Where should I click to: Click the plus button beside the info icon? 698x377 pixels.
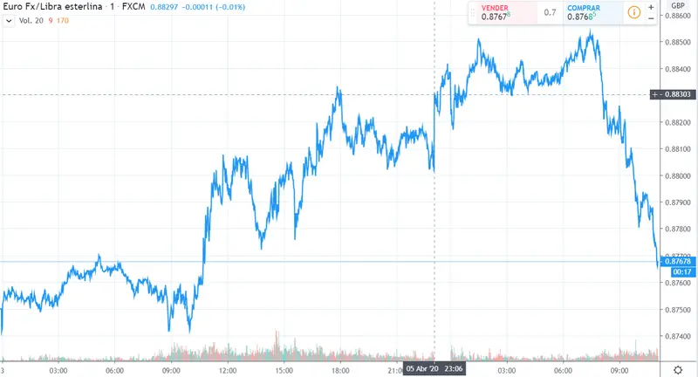pyautogui.click(x=651, y=7)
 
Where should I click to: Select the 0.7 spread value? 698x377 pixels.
pyautogui.click(x=550, y=12)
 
